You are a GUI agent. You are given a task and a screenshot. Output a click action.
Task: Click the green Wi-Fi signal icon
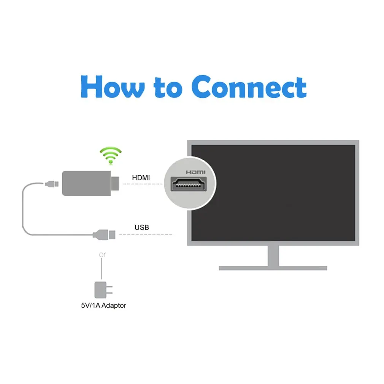pos(111,156)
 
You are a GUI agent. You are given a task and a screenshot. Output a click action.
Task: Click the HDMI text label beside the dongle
pos(141,178)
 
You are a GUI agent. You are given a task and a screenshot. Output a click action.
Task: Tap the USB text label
pos(142,228)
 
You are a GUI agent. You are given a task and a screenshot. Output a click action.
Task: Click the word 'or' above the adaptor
pos(102,255)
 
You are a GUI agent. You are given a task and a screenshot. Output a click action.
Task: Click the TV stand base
pos(273,268)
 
